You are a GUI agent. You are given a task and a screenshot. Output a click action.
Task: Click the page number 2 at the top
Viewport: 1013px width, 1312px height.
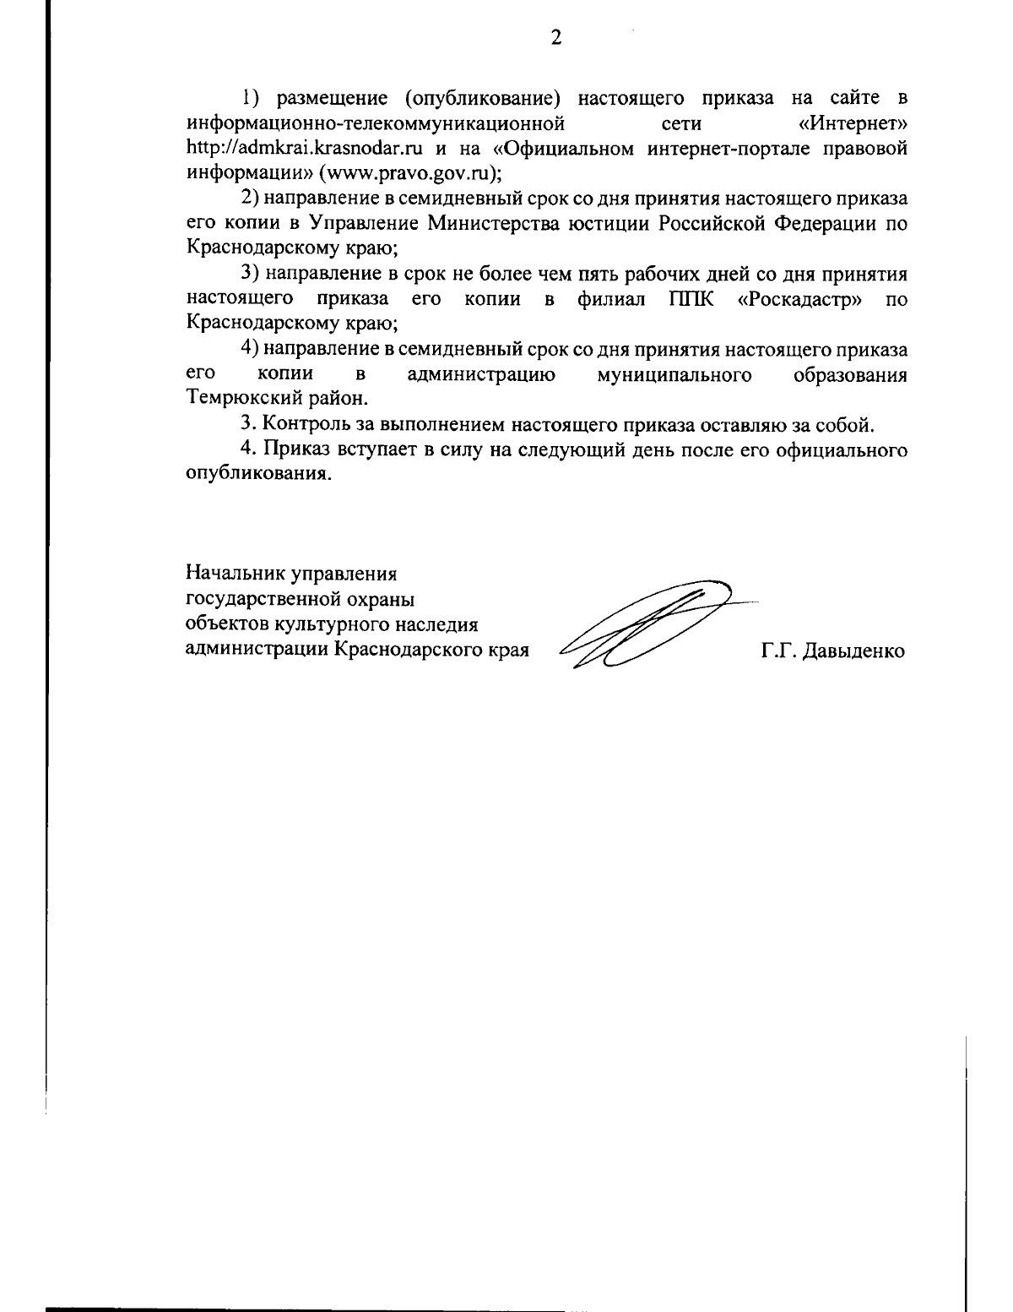point(555,37)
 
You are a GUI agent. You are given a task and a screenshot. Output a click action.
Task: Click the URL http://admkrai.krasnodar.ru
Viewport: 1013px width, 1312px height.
point(303,150)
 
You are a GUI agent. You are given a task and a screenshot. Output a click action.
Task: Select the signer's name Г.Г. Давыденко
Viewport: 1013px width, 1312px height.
point(832,651)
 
